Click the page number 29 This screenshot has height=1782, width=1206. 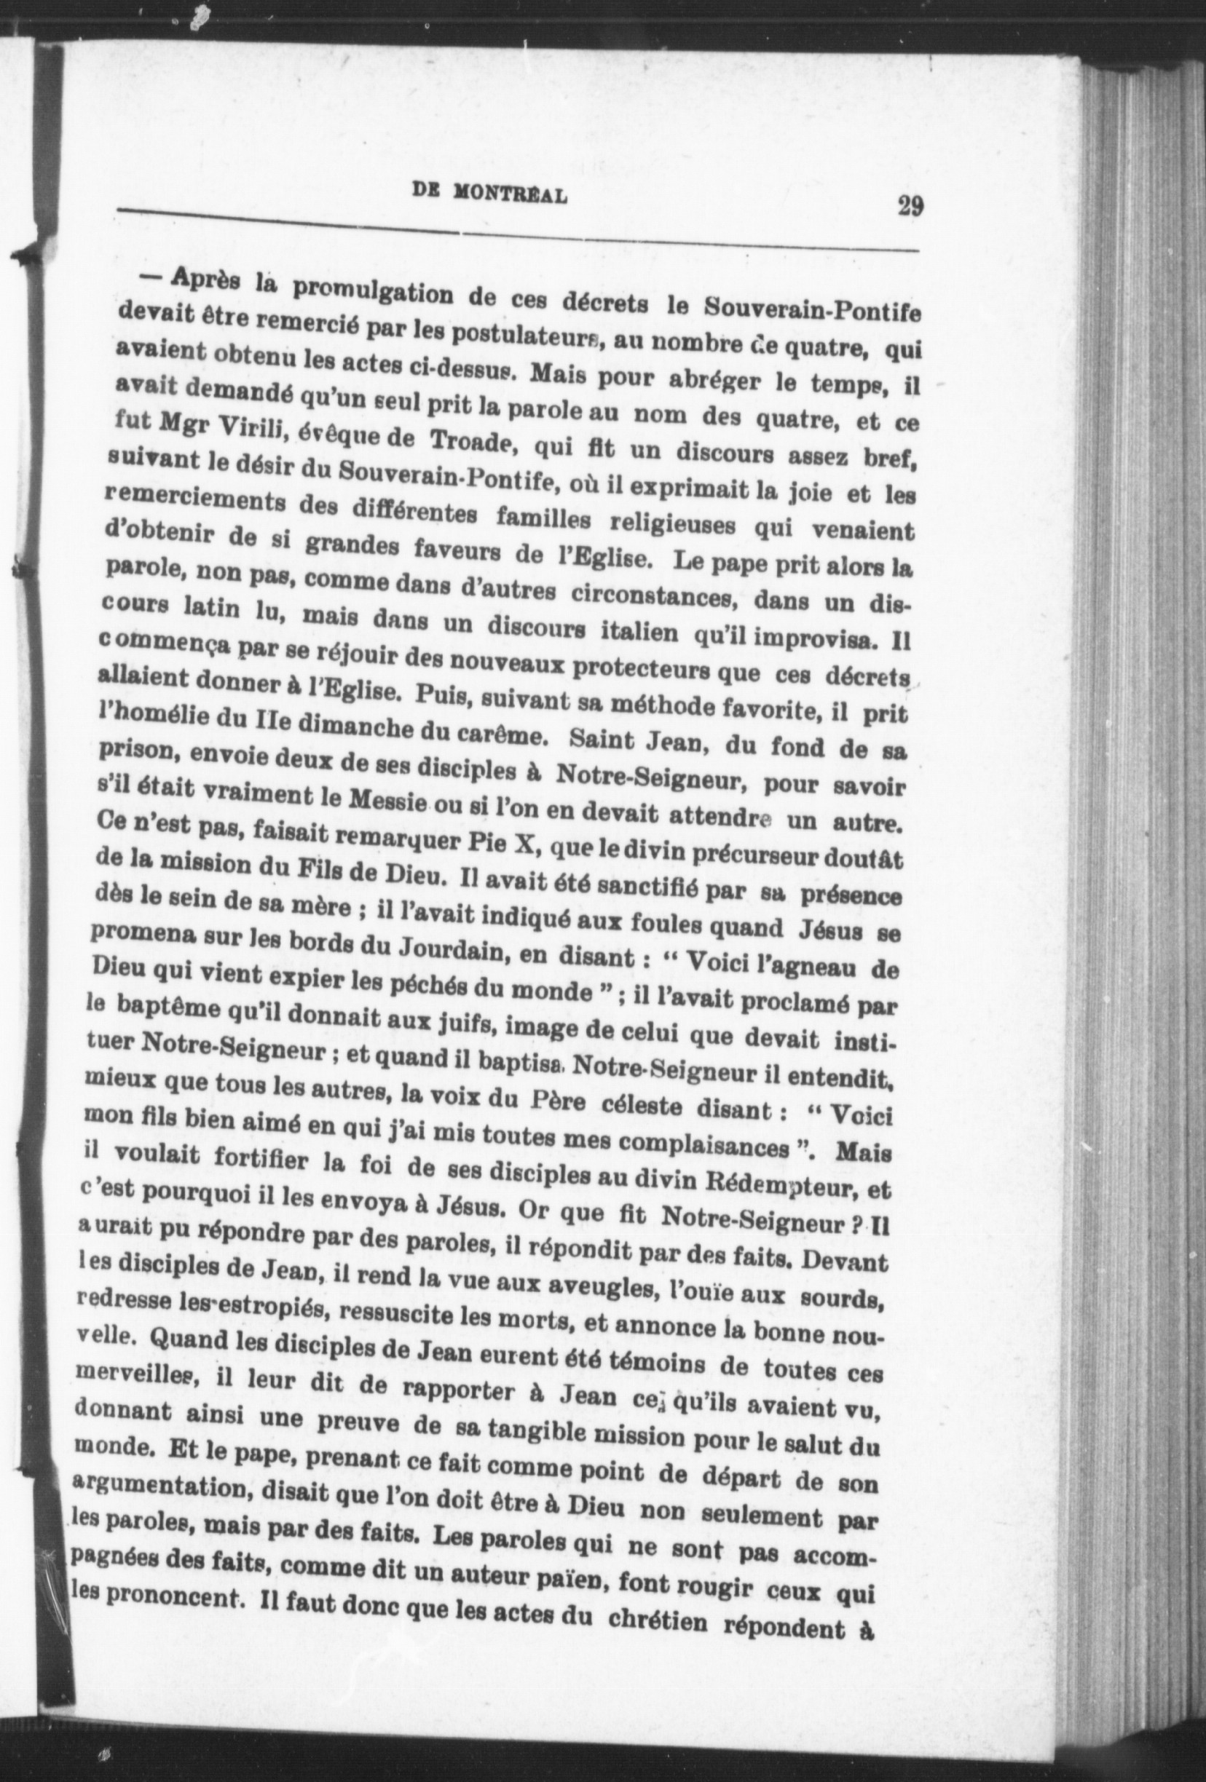908,207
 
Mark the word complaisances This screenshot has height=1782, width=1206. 717,1148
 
